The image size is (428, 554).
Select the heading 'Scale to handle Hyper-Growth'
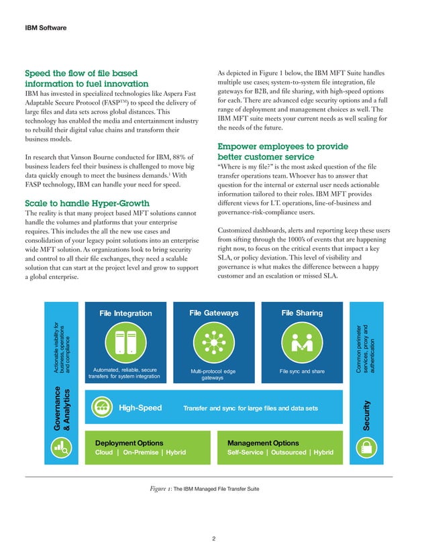click(87, 203)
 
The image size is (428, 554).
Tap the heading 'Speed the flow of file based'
click(81, 72)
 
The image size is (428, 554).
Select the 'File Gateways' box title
click(214, 313)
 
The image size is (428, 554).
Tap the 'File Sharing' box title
click(302, 313)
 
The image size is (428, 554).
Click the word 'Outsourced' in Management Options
click(286, 453)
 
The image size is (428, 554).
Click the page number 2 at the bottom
click(213, 538)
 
